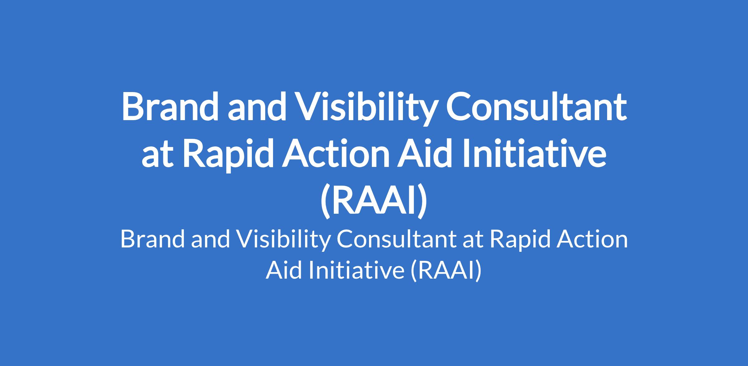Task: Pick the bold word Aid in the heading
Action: pyautogui.click(x=428, y=153)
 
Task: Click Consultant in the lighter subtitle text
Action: pyautogui.click(x=395, y=240)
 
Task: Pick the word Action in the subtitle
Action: pyautogui.click(x=593, y=240)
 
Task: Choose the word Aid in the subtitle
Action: pyautogui.click(x=285, y=270)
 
